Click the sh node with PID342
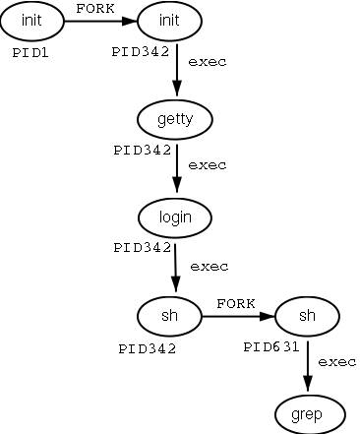pos(171,316)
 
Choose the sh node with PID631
pos(307,316)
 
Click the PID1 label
pos(30,52)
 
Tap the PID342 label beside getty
pos(145,150)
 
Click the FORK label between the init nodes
pos(95,8)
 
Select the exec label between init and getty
pos(207,63)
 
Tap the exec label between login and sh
pos(209,266)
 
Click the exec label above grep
pos(336,362)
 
